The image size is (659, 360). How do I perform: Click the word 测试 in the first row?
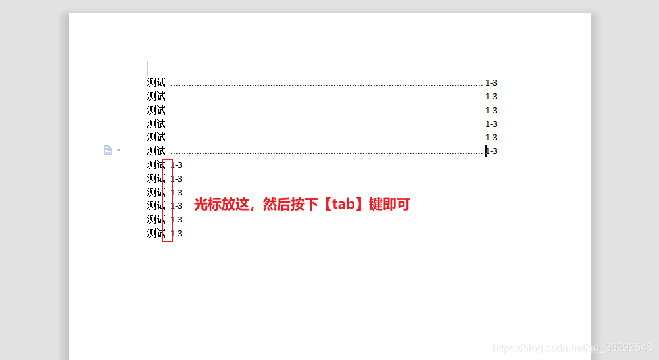[x=156, y=83]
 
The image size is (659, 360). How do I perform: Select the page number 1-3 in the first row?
[x=491, y=83]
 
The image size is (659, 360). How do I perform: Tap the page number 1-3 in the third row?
[x=491, y=111]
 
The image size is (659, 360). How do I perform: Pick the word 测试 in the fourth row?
[x=156, y=124]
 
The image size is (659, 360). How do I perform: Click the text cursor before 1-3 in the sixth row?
[x=486, y=151]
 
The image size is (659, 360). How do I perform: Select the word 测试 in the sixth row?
[x=156, y=151]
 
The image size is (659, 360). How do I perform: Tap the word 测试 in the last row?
[x=156, y=234]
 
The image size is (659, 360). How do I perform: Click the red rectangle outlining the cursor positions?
[x=168, y=241]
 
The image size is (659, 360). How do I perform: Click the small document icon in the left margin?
[x=108, y=151]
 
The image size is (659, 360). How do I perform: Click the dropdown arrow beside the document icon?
[x=118, y=151]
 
